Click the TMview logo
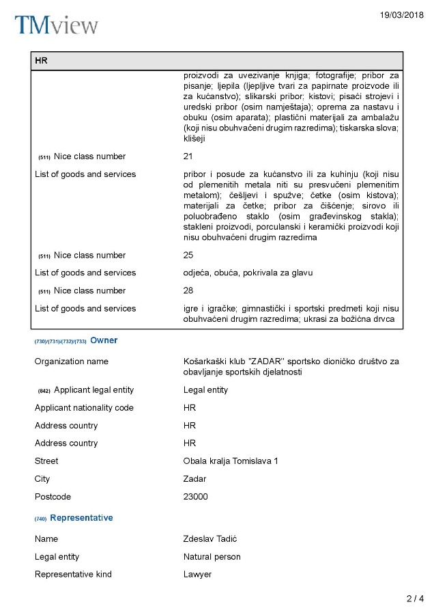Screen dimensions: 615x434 coord(57,25)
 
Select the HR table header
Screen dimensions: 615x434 coord(41,61)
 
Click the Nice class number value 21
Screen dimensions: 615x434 coord(188,156)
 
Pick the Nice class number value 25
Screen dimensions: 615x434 coord(188,256)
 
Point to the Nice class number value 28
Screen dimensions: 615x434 coord(188,291)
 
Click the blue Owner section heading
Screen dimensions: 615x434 coord(104,340)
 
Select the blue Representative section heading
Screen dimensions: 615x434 coord(81,518)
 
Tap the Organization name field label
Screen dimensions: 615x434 coord(71,361)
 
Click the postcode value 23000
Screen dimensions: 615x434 coord(195,497)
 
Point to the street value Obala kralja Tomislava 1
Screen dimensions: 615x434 coord(231,461)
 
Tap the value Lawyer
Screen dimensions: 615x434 coord(197,575)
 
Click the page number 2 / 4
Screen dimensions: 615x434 coord(415,599)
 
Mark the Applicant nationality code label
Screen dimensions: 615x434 coord(84,408)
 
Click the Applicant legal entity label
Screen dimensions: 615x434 coord(93,390)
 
